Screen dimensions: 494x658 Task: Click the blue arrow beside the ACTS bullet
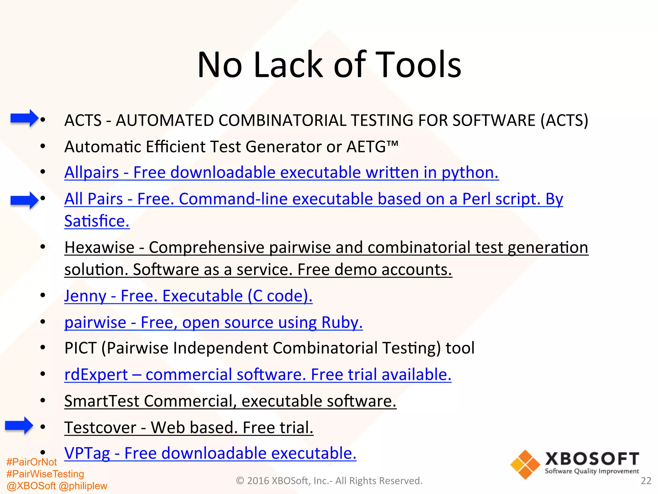[24, 118]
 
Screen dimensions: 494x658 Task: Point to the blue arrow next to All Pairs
[24, 200]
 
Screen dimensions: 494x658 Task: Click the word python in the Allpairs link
[470, 172]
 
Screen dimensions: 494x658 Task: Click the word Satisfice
[97, 221]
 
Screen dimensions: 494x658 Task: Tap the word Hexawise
[99, 247]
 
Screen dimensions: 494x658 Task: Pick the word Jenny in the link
[85, 296]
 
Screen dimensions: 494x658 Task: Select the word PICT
[80, 348]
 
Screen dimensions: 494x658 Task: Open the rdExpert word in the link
[96, 375]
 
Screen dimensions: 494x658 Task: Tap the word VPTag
[87, 453]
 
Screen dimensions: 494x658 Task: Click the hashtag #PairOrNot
[31, 462]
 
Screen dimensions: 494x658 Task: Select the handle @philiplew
[83, 486]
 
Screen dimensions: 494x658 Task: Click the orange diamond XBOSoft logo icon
[525, 464]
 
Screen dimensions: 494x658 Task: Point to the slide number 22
[646, 481]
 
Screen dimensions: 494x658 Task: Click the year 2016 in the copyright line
[258, 481]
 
